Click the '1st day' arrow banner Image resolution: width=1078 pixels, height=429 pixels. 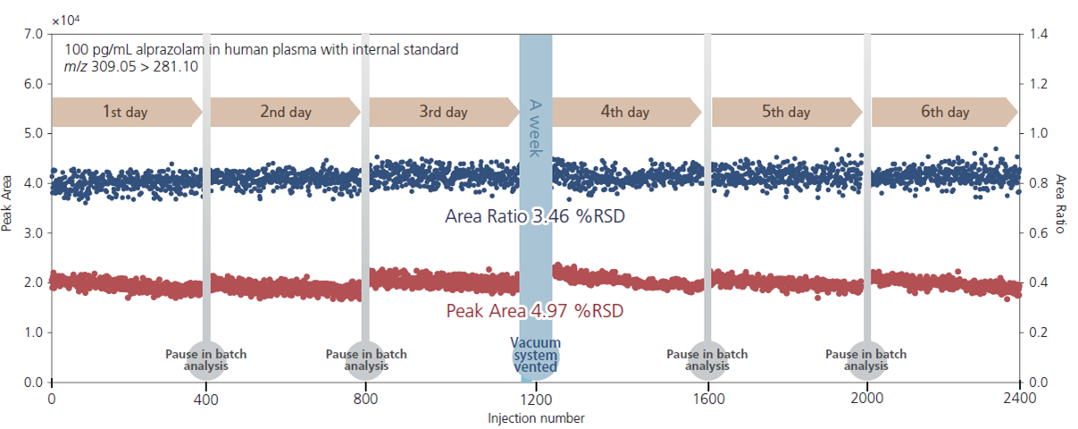tap(125, 113)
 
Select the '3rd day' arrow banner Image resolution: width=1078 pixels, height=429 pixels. tap(443, 113)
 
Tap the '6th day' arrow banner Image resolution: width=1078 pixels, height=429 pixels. tap(944, 113)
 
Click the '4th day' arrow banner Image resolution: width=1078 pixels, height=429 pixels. tap(625, 113)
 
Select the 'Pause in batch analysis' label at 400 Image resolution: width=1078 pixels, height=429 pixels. tap(206, 360)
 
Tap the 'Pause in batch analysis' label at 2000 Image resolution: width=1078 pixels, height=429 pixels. tap(866, 360)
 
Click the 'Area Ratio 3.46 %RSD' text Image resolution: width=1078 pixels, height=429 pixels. tap(535, 215)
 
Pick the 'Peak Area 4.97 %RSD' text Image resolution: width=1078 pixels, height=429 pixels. tap(534, 311)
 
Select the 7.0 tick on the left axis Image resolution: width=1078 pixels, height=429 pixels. tap(32, 34)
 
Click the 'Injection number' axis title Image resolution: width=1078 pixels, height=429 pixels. tap(536, 417)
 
